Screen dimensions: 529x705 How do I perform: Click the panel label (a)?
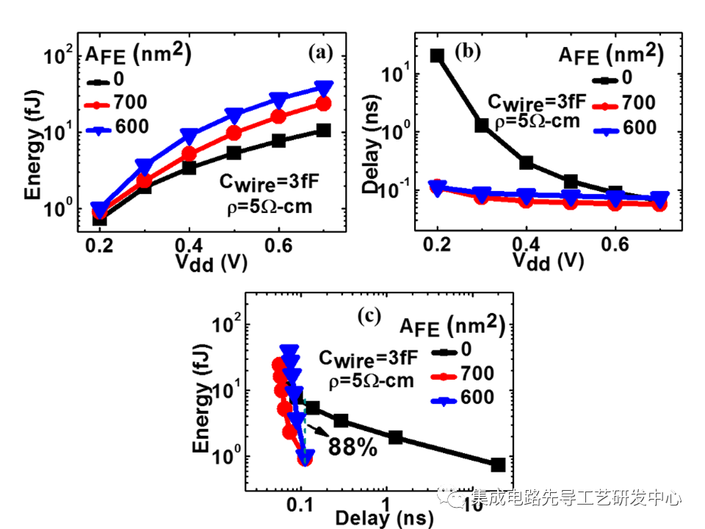[321, 52]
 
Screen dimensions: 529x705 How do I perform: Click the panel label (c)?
[368, 317]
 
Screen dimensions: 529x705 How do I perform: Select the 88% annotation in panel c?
[352, 446]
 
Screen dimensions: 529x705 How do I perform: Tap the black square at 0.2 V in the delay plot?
[438, 56]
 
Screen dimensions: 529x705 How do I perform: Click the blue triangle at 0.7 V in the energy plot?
[323, 87]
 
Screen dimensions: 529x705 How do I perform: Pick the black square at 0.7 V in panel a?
[323, 130]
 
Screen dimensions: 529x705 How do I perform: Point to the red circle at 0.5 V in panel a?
[234, 133]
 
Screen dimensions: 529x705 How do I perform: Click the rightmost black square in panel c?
[498, 464]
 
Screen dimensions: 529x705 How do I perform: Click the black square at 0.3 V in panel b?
[482, 126]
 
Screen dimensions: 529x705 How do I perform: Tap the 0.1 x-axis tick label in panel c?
[299, 506]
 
